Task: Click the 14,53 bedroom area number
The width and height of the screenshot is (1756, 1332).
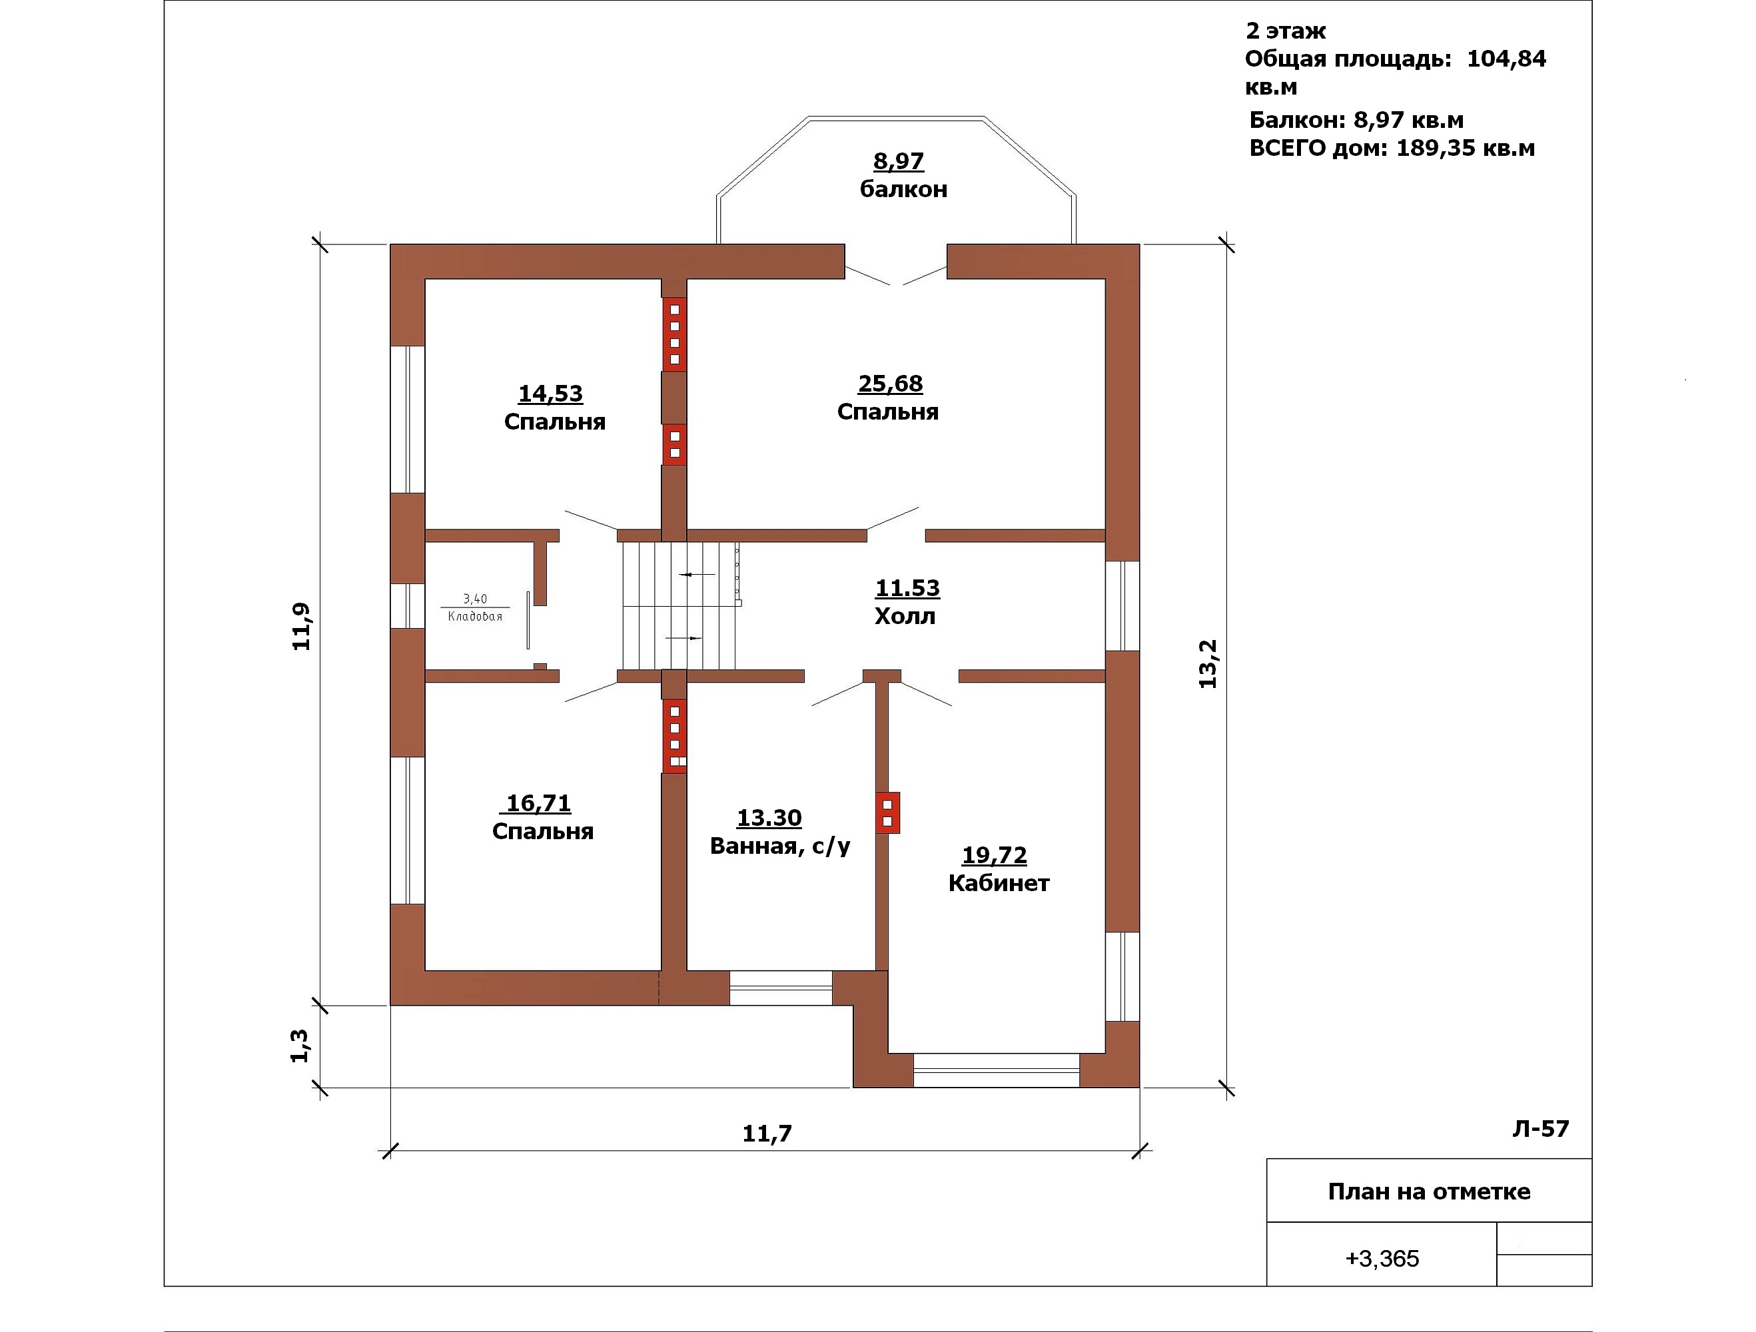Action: (550, 393)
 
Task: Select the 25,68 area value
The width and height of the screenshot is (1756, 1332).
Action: (890, 384)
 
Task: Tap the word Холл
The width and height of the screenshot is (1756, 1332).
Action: (905, 616)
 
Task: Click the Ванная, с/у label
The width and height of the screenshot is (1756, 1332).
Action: (779, 846)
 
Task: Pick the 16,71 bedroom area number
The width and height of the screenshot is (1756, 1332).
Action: (539, 803)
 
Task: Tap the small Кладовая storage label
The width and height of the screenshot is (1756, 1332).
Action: (475, 616)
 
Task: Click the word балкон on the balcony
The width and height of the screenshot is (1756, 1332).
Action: (903, 189)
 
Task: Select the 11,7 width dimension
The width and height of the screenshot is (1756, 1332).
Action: (767, 1134)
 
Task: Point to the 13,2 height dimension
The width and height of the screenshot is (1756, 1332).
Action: (1208, 663)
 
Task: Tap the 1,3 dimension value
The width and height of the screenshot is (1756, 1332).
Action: (299, 1046)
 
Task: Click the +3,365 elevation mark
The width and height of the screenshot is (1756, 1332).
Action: (1382, 1258)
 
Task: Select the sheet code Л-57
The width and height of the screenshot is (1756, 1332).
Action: (1541, 1129)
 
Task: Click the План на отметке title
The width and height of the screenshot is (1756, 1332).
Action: (1429, 1191)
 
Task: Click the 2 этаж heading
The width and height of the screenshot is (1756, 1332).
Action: (1285, 30)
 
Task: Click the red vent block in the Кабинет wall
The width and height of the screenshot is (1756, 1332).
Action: (887, 813)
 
